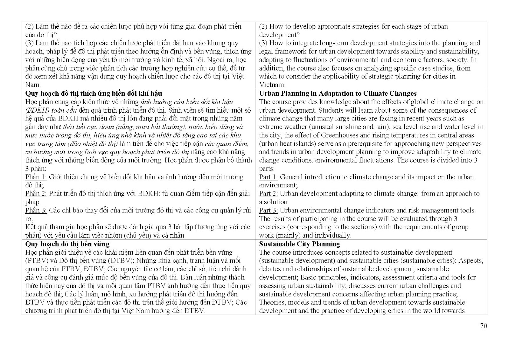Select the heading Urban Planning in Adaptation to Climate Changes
tap(338, 93)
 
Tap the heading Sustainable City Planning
tap(299, 244)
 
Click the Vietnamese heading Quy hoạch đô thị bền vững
tap(67, 244)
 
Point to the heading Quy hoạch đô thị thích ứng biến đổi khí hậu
tap(94, 93)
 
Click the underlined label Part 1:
tap(268, 177)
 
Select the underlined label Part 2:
tap(268, 193)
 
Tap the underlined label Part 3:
tap(268, 210)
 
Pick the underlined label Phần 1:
tap(36, 177)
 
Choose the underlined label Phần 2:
tap(36, 193)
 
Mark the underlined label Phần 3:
tap(36, 210)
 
